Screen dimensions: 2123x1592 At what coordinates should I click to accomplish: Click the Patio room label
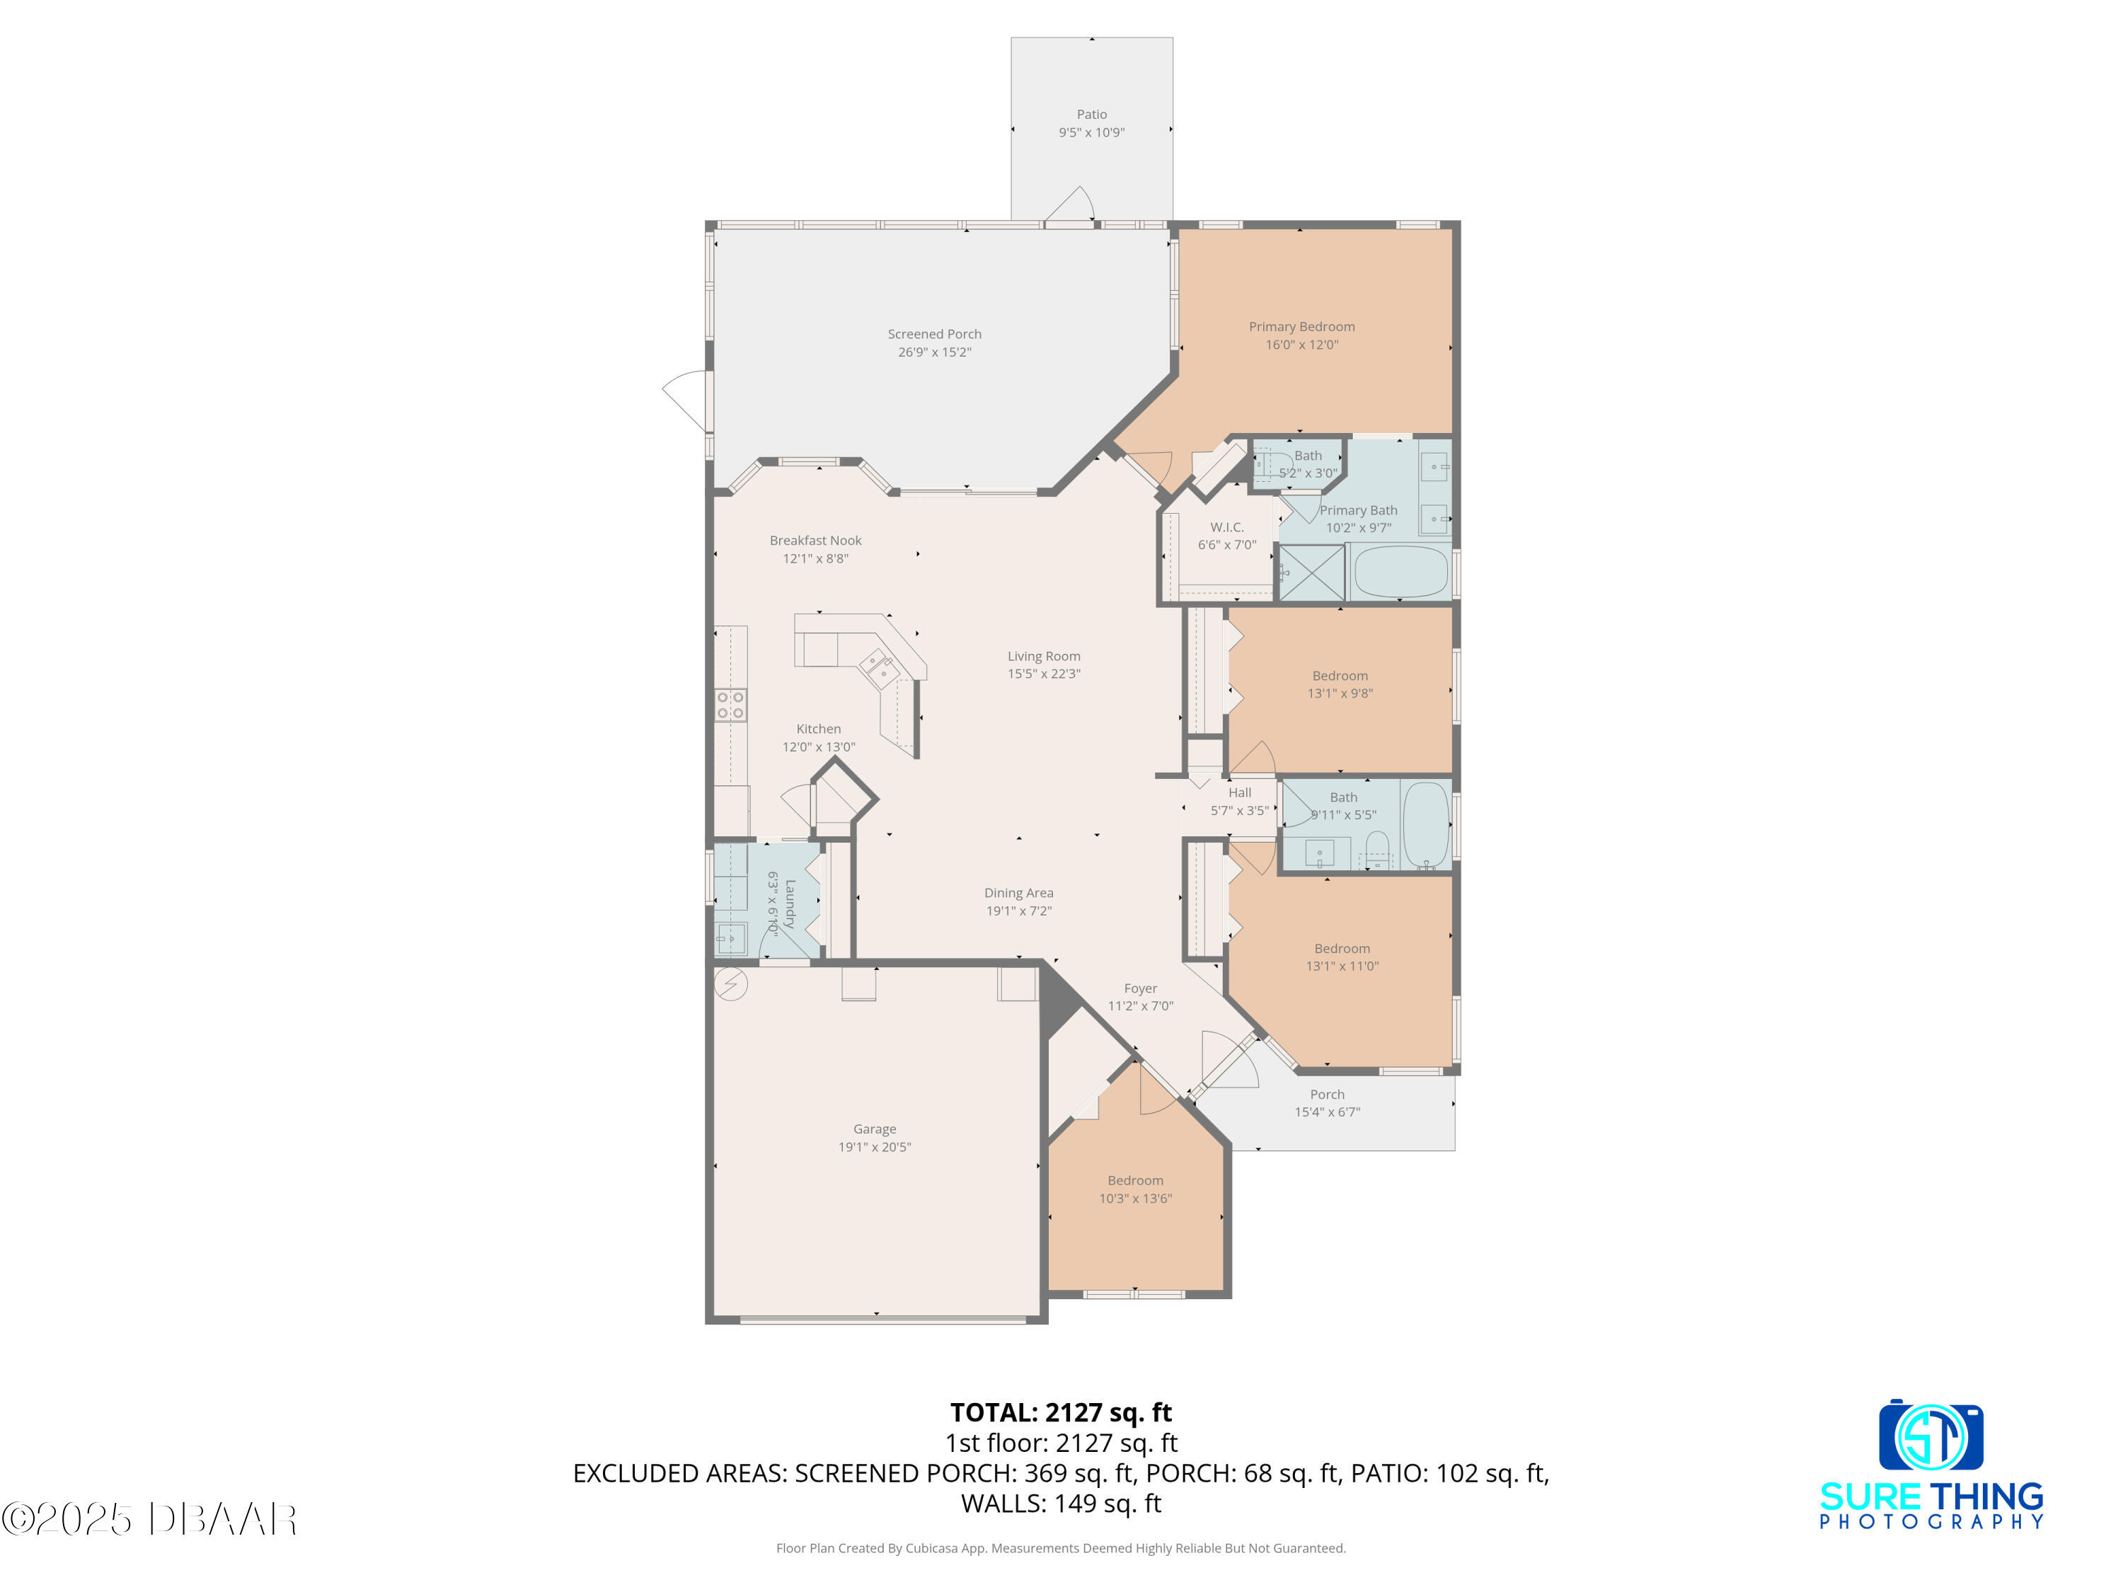[x=1091, y=114]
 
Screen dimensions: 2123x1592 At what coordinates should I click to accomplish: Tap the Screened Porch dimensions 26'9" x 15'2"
[x=934, y=352]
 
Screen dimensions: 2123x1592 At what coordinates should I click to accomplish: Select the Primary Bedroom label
[x=1301, y=326]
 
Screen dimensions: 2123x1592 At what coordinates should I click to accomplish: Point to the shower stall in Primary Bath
[x=1312, y=573]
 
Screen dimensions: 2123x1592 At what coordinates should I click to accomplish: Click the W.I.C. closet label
[x=1226, y=527]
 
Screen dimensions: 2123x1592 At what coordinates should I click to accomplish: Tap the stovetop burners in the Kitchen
[x=730, y=705]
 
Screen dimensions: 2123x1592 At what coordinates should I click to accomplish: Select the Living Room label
[x=1043, y=657]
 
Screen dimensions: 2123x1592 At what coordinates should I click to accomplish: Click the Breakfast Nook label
[x=816, y=541]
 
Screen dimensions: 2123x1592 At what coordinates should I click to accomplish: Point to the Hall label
[x=1239, y=792]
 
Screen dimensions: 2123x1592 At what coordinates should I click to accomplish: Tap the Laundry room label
[x=790, y=903]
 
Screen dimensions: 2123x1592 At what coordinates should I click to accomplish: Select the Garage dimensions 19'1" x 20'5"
[x=875, y=1147]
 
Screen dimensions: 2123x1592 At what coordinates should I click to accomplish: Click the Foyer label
[x=1140, y=988]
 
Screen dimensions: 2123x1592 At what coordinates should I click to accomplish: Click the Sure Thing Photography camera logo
[x=1931, y=1436]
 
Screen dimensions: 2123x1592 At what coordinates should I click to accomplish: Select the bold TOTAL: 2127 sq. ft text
[x=1061, y=1412]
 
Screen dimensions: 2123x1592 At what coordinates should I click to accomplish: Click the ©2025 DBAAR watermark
[x=149, y=1519]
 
